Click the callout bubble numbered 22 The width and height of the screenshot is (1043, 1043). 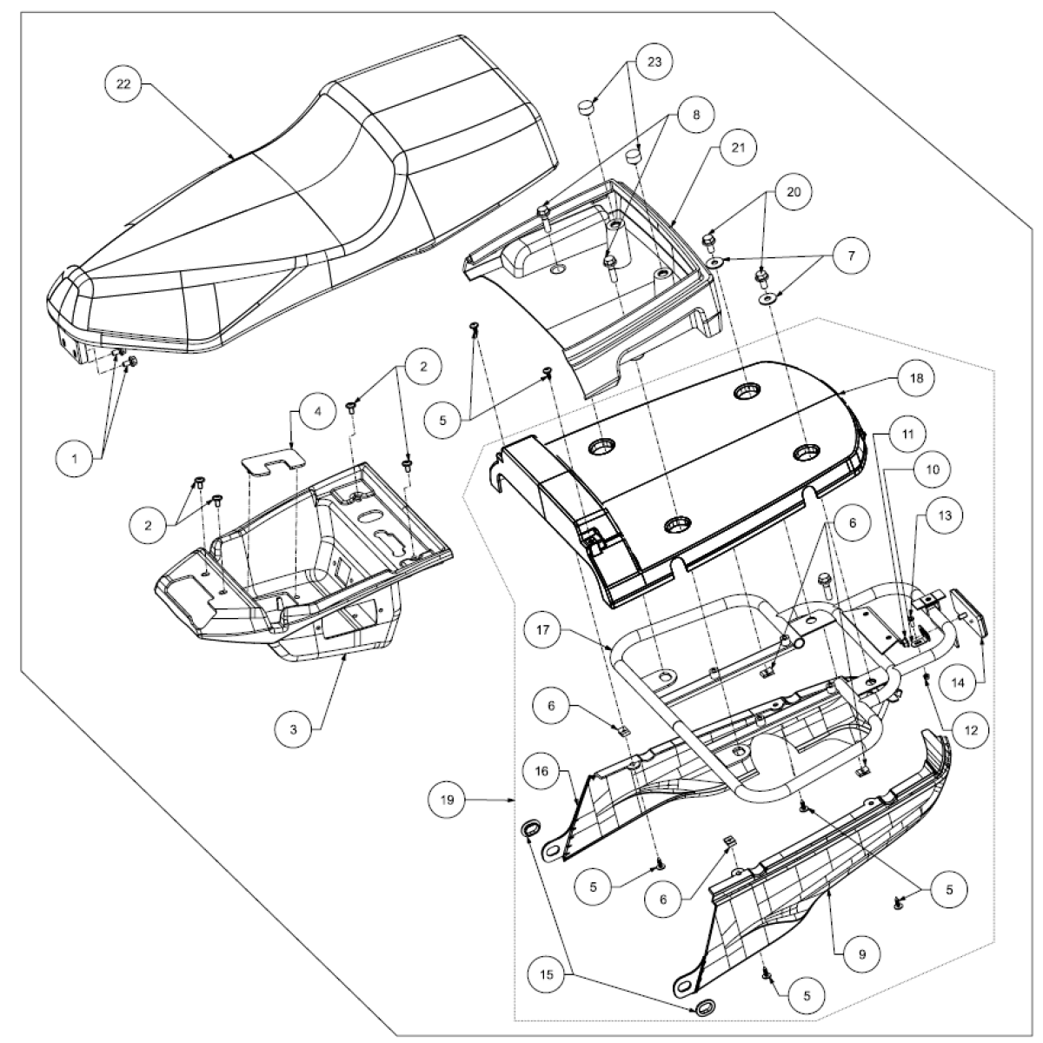(123, 84)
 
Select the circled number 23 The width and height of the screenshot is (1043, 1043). (654, 63)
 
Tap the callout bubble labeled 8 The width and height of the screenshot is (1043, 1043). (696, 115)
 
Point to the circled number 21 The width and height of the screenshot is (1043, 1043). (738, 148)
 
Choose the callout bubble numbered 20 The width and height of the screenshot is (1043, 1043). (794, 192)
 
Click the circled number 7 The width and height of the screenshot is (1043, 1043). (851, 256)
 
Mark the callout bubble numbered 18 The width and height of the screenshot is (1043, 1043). (916, 378)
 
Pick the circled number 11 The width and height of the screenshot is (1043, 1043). (907, 434)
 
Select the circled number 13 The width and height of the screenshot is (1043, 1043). (945, 515)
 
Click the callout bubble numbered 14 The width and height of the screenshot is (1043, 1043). (958, 683)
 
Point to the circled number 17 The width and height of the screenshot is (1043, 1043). (543, 630)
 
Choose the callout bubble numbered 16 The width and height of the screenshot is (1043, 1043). (541, 771)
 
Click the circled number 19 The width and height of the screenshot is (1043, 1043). (447, 800)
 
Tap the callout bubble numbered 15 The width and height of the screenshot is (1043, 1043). (547, 975)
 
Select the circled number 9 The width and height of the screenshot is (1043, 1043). (862, 954)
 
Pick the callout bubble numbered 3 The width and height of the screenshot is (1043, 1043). (294, 729)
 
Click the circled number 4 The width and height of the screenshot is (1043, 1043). (317, 412)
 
